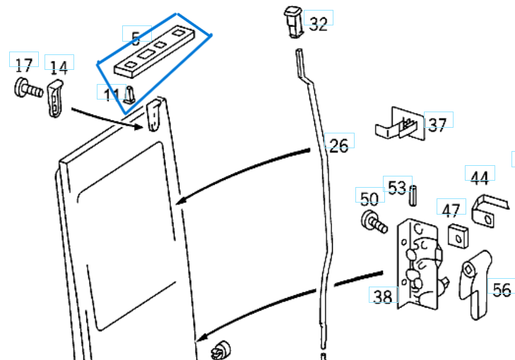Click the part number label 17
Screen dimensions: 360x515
23,65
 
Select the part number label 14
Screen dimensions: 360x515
59,67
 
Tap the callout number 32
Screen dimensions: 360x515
319,24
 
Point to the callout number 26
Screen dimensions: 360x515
339,145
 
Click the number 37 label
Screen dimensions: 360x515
437,125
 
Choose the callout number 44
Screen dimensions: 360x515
480,178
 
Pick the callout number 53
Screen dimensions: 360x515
397,187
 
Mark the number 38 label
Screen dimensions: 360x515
382,297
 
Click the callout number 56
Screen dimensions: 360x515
502,290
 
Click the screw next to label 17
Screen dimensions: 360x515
27,90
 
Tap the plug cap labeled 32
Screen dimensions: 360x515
293,21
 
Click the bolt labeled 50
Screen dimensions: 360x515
372,222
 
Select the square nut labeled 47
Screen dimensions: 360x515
458,236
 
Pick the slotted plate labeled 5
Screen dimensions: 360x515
153,52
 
